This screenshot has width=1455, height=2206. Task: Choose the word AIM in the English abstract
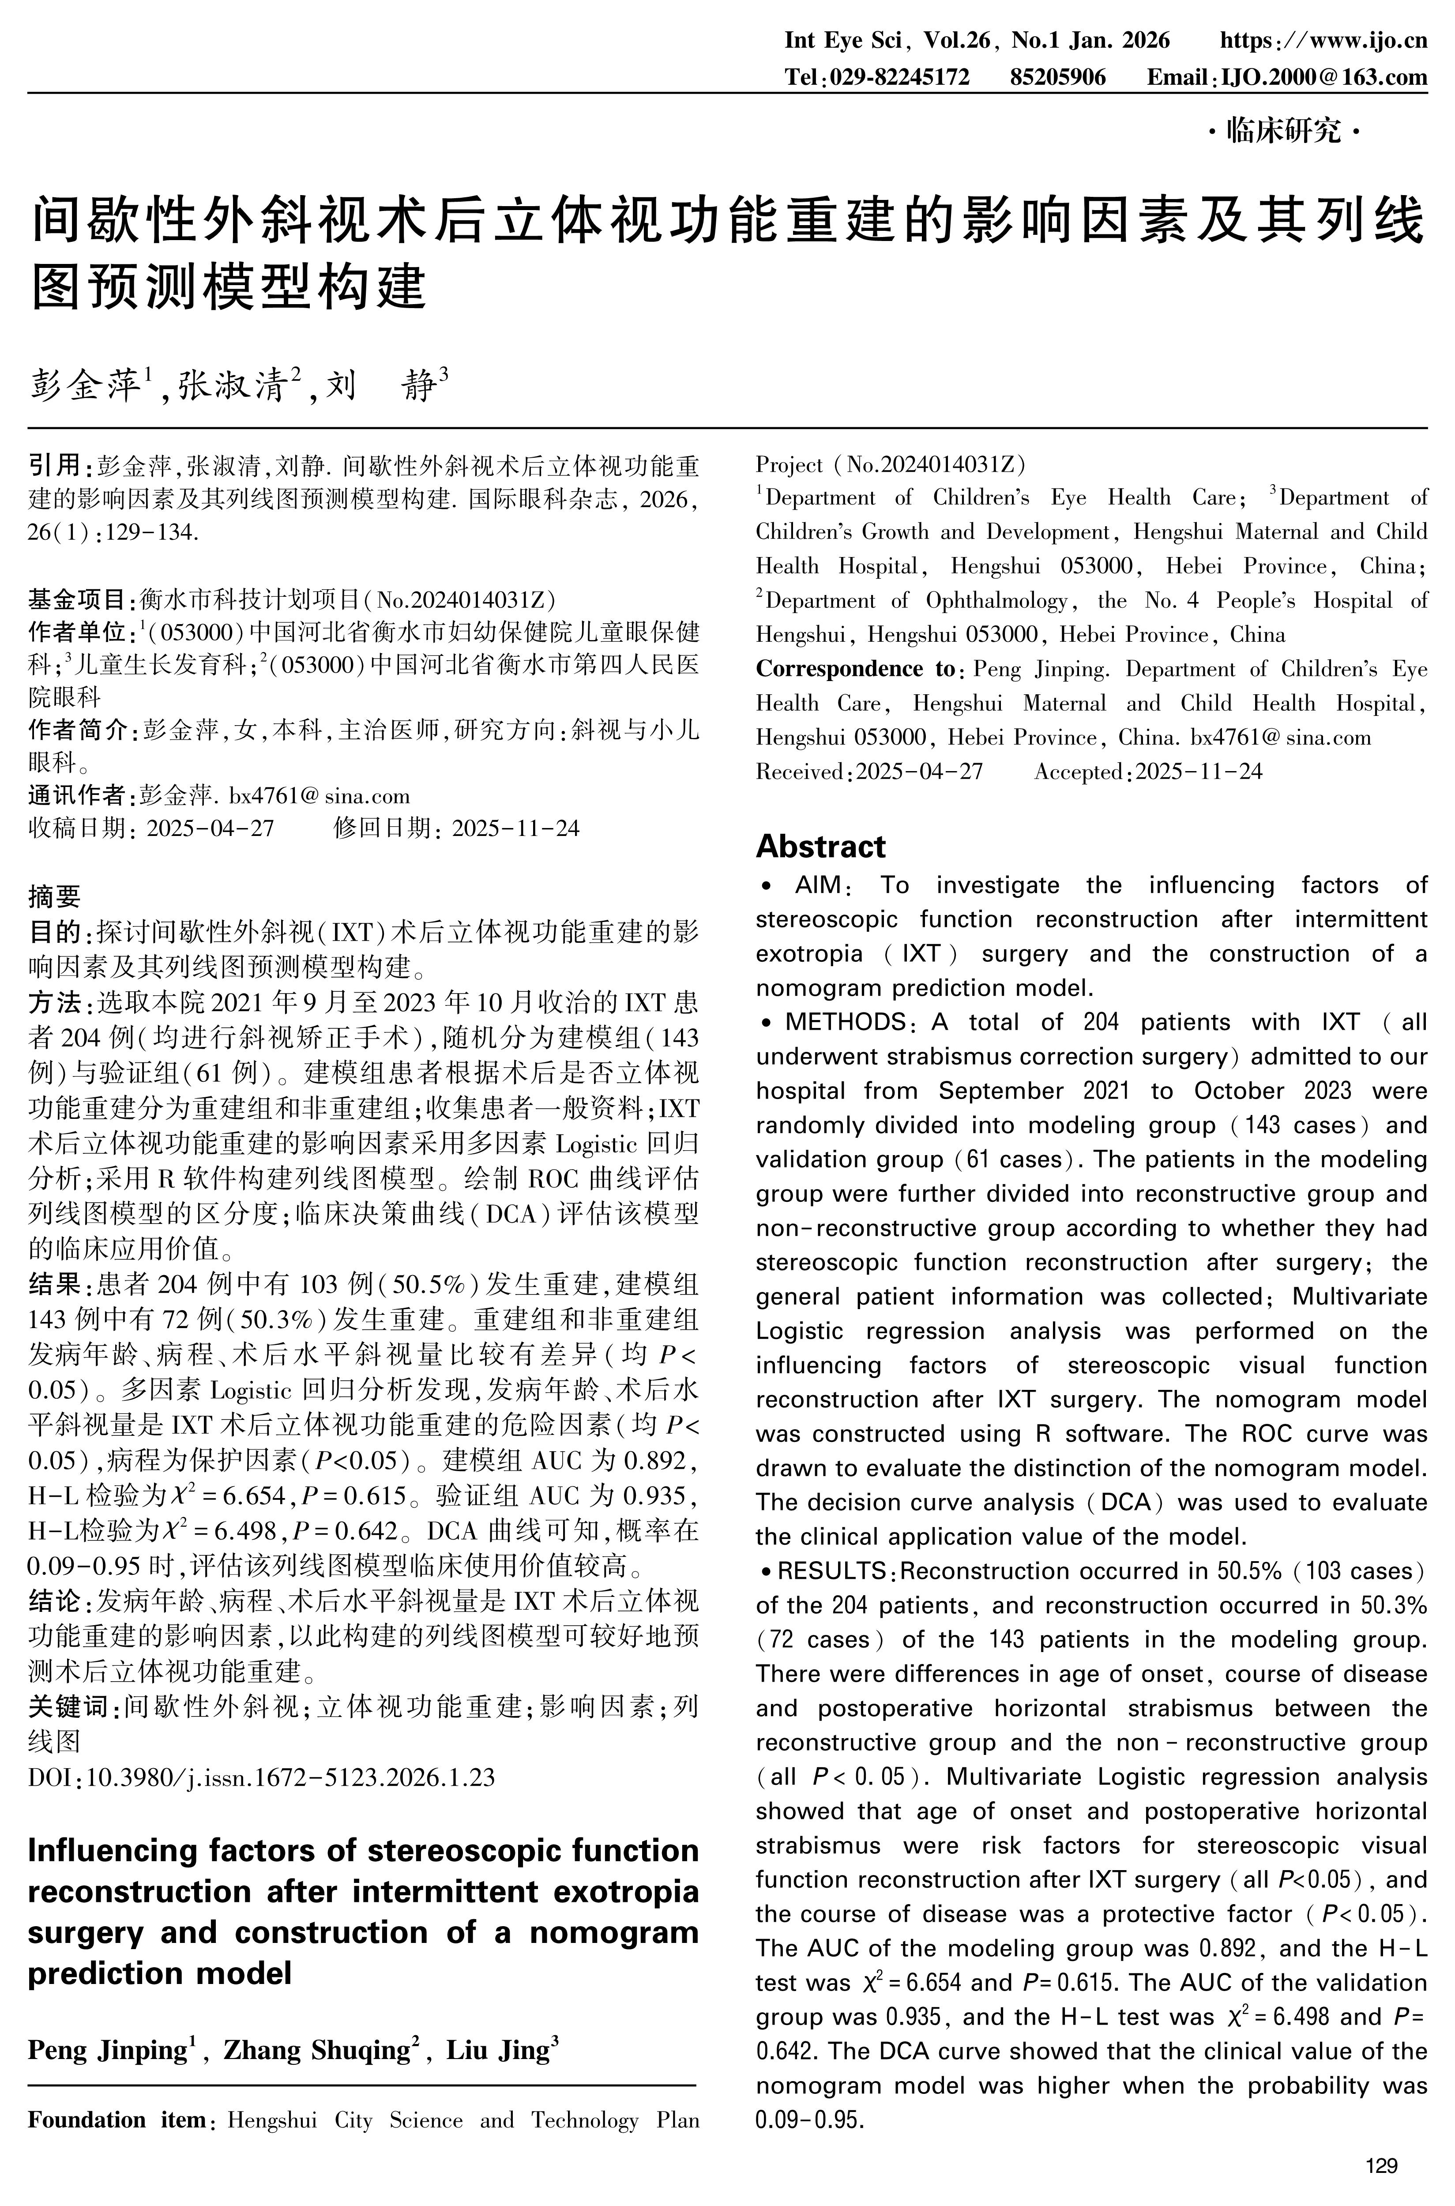[816, 885]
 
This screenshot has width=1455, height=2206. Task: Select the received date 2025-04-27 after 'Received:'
[919, 772]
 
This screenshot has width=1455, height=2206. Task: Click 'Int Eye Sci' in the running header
[842, 41]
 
